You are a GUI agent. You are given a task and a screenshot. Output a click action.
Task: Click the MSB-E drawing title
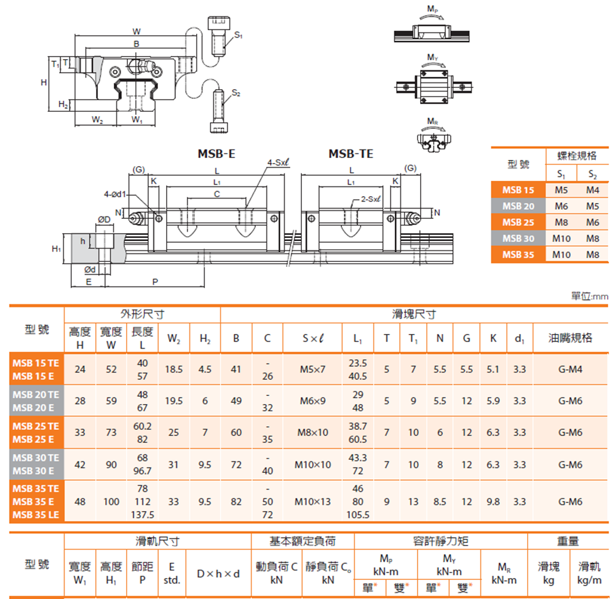216,154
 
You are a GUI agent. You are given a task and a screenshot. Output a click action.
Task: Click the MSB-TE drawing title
351,154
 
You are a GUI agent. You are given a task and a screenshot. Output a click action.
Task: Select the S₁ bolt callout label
238,36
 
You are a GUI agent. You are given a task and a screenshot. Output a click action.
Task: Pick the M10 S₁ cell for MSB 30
561,238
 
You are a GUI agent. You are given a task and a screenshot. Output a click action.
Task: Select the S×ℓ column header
313,338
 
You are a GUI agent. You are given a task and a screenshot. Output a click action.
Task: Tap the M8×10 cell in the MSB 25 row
313,432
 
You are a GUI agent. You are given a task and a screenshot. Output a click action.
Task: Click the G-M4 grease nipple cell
570,369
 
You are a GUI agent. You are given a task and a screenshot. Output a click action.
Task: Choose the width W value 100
111,502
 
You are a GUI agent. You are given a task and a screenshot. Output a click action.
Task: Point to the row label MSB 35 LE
36,514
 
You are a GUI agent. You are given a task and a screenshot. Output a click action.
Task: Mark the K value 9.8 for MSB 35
493,502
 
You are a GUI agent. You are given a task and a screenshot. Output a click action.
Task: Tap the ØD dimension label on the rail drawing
105,219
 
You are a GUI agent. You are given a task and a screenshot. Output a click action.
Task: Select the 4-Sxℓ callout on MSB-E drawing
279,162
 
